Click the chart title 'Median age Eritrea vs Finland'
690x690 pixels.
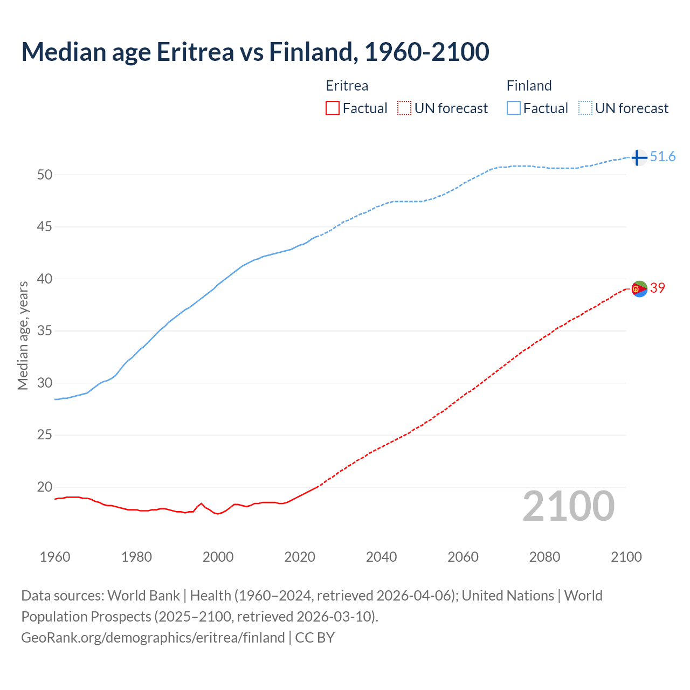[255, 52]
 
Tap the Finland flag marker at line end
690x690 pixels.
[639, 157]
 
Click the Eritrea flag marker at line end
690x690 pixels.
[639, 289]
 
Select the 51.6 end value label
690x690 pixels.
[663, 157]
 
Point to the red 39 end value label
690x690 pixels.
[658, 288]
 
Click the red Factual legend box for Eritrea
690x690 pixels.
[333, 108]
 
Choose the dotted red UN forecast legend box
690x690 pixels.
[404, 108]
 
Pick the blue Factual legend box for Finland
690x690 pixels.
[513, 108]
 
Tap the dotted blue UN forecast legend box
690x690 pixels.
[585, 108]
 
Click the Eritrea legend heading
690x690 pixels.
[347, 86]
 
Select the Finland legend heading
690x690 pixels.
[529, 86]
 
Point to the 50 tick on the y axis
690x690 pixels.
[45, 175]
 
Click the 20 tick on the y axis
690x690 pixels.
[45, 487]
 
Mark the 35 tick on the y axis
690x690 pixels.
[45, 331]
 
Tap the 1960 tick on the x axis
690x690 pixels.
[55, 557]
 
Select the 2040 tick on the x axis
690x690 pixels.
[381, 557]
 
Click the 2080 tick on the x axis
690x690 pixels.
[544, 557]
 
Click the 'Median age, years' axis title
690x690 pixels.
[23, 335]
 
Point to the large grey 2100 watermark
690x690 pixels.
[569, 506]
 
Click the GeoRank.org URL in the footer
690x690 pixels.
[153, 638]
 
